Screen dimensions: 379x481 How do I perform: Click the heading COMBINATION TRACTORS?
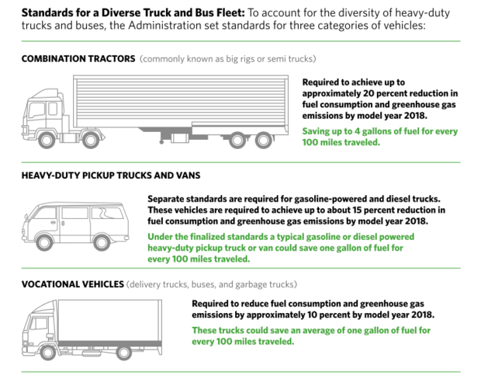pos(78,59)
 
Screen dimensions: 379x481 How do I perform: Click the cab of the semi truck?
pos(47,116)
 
